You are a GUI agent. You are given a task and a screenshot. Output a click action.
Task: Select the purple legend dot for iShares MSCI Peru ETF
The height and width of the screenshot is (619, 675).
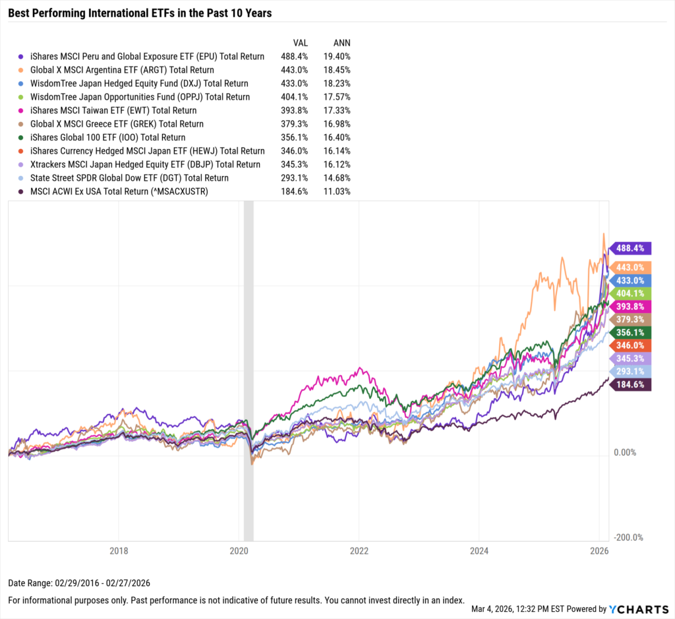coord(22,57)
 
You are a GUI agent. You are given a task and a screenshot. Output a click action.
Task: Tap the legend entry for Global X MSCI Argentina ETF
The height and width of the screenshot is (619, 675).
coord(123,70)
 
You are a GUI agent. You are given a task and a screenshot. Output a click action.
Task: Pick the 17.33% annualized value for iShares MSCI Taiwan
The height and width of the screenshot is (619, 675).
coord(336,111)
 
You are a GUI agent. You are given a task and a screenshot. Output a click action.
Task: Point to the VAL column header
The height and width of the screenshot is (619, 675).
coord(291,42)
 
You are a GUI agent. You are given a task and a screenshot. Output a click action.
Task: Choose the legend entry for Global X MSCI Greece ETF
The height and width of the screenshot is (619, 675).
coord(117,124)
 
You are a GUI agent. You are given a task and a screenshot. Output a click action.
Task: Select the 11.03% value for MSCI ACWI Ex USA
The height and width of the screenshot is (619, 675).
coord(336,191)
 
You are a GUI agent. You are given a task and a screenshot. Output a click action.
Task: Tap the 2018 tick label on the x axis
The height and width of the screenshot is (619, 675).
coord(119,550)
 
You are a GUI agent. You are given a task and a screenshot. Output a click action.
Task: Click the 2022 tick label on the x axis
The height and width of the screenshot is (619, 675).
coord(359,550)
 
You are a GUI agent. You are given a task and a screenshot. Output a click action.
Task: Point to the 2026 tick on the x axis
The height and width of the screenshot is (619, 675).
coord(599,550)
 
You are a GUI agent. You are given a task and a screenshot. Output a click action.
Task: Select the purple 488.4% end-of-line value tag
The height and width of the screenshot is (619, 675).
coord(631,249)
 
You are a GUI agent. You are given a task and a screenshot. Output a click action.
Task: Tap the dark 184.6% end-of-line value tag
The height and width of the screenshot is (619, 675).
coord(631,385)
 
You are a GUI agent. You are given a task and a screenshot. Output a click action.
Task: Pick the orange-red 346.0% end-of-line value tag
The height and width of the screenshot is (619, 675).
coord(631,345)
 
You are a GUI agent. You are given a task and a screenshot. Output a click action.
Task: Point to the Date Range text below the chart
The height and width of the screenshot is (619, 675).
coord(80,583)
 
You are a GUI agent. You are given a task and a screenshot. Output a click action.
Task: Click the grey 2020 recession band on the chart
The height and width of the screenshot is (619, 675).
coord(249,369)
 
